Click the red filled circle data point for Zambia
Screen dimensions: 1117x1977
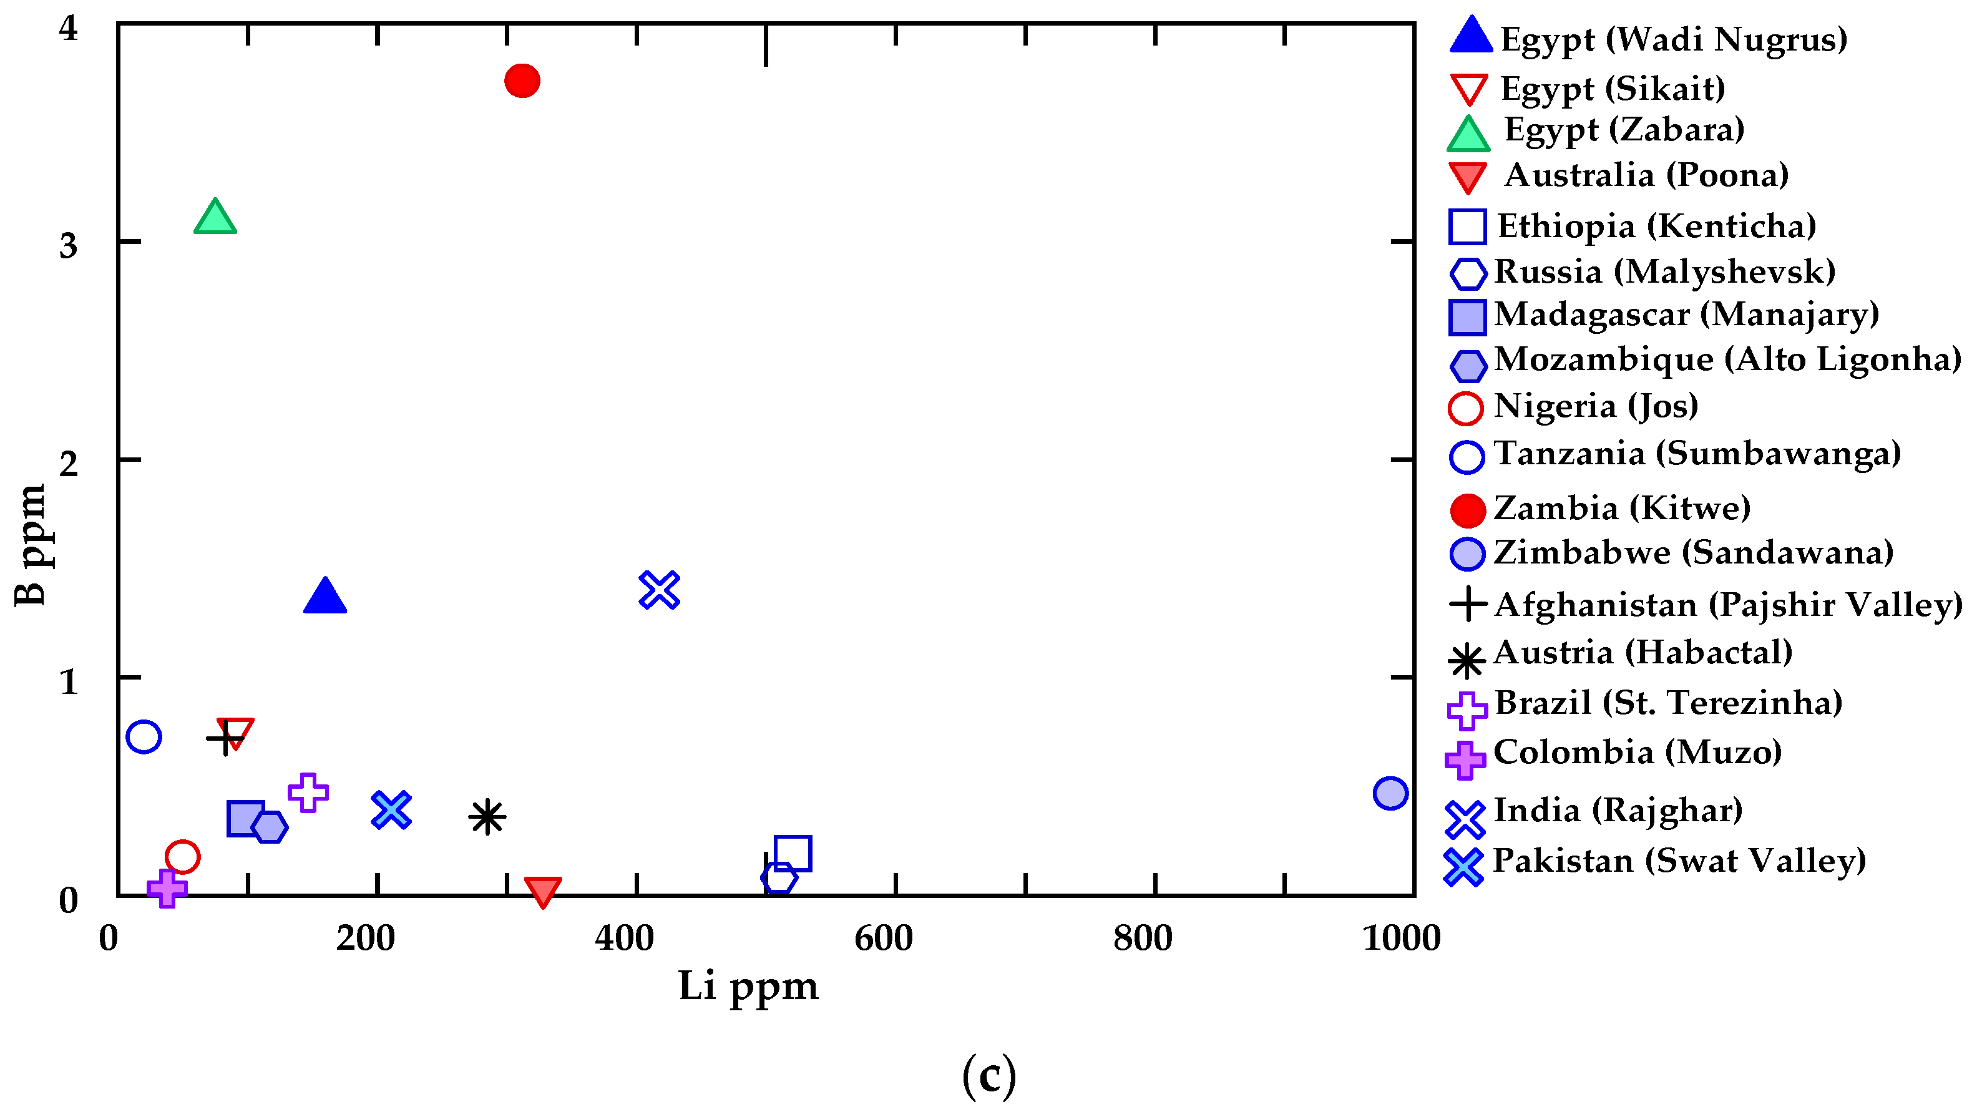522,80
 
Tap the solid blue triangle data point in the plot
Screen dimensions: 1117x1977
325,597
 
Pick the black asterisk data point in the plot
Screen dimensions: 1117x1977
487,816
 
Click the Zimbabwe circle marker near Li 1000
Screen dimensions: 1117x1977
1390,793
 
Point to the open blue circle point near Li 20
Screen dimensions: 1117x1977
144,736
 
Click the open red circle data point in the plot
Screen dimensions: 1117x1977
182,856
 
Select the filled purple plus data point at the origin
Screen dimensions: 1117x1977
167,889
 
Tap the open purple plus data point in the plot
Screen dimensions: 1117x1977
308,793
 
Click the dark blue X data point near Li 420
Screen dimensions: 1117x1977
659,590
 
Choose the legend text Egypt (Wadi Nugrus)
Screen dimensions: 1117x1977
1673,40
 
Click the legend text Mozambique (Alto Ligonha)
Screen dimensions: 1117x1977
1727,359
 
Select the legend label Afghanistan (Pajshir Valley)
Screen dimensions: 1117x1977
1727,605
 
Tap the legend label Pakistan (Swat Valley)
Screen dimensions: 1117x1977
1679,861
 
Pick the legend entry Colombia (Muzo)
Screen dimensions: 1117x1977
1637,753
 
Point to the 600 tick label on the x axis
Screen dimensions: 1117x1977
884,939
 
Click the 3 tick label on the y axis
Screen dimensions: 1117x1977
68,245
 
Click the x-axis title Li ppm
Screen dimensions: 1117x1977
748,987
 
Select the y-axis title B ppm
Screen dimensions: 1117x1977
31,545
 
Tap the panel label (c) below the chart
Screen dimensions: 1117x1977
988,1076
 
